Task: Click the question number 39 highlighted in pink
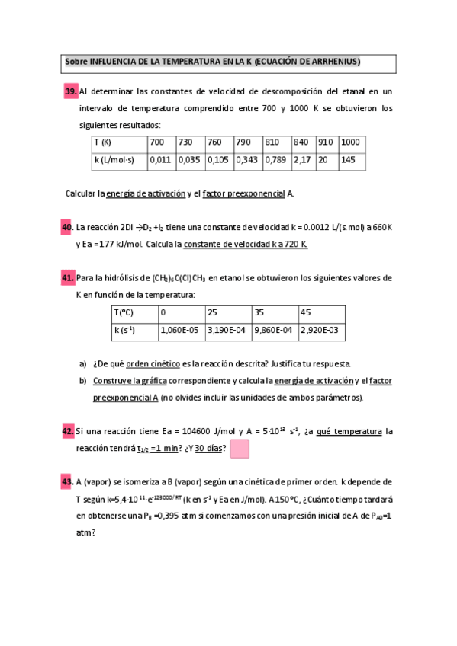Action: point(71,92)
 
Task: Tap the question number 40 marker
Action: point(67,227)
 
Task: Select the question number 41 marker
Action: point(67,278)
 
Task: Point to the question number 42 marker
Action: point(67,432)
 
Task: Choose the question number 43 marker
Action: point(67,482)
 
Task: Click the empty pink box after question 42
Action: point(240,449)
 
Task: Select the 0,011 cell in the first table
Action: point(160,160)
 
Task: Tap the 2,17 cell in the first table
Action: point(301,160)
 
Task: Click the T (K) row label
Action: point(103,142)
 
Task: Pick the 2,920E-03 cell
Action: point(319,331)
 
